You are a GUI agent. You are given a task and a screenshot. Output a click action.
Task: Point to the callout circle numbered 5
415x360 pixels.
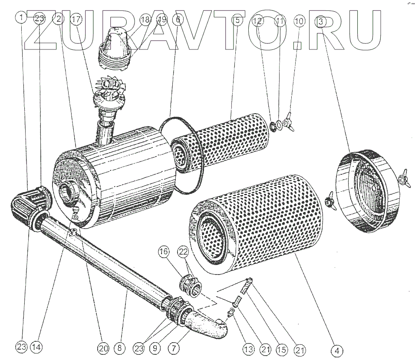(x=237, y=20)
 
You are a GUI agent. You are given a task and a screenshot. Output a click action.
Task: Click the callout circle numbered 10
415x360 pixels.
(x=300, y=20)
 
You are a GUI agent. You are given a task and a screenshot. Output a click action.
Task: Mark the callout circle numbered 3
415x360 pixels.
(x=320, y=20)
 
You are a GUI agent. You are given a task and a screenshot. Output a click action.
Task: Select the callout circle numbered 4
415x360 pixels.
(x=337, y=349)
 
